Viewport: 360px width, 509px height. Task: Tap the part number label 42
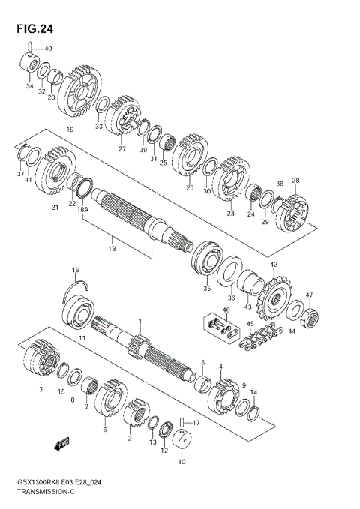[x=274, y=264]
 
